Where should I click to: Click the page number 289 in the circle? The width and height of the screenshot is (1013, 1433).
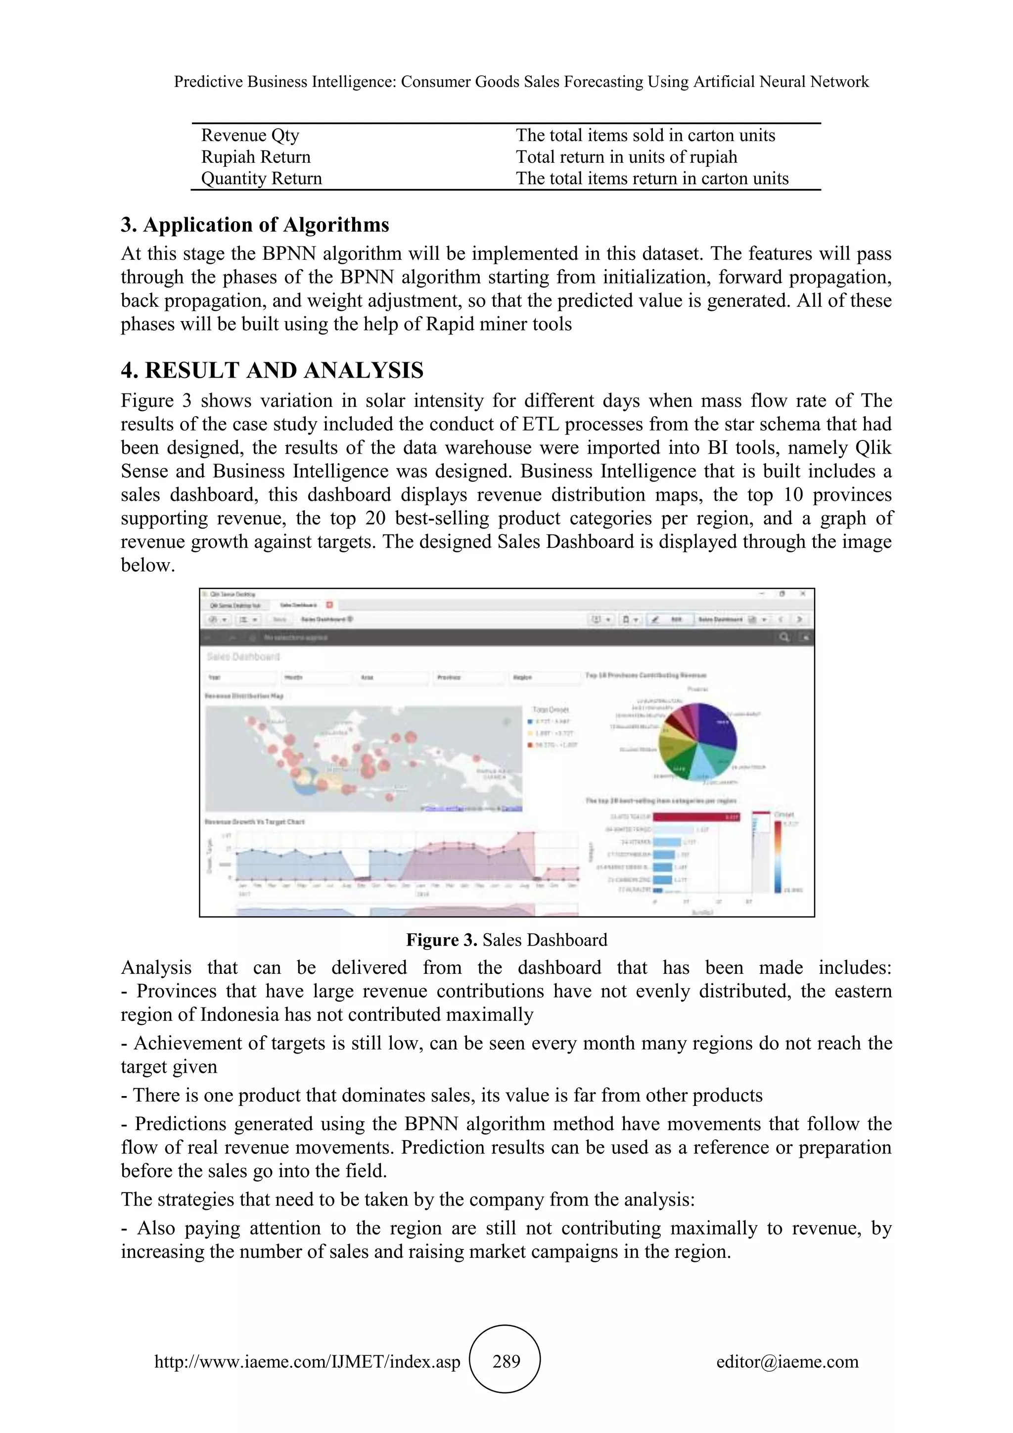506,1361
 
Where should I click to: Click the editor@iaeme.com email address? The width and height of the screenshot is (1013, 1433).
787,1361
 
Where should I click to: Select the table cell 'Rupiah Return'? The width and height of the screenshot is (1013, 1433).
256,157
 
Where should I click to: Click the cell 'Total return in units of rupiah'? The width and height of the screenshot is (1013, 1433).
626,157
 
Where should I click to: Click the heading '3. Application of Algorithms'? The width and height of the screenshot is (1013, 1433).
255,225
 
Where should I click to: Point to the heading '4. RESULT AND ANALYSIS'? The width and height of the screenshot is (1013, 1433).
272,370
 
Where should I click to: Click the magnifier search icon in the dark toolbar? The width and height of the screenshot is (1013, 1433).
784,637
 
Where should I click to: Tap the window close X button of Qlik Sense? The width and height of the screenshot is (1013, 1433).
803,594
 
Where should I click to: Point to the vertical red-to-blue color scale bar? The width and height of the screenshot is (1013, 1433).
779,855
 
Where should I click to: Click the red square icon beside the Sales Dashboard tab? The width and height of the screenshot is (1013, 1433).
329,605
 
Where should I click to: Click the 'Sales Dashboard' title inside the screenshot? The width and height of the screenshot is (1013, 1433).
243,657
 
